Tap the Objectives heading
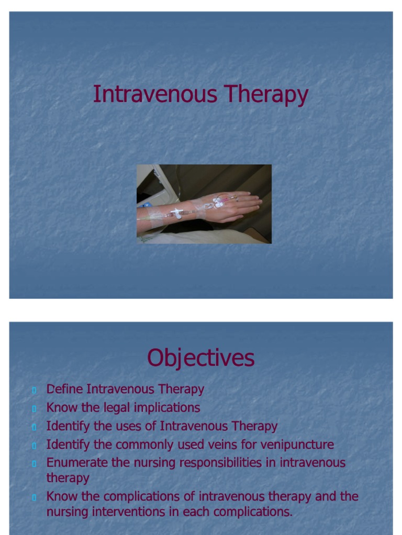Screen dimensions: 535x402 tap(200, 358)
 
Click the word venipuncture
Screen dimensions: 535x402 tap(297, 445)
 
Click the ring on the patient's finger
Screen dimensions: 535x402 tap(236, 199)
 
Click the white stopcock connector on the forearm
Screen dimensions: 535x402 tap(177, 213)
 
